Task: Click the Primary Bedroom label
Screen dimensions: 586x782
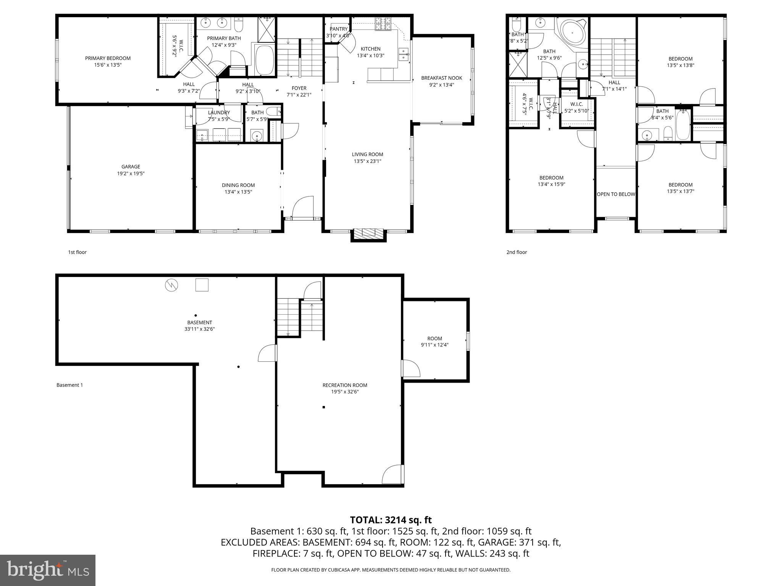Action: point(108,58)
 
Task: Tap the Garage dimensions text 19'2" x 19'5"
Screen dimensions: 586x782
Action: point(131,174)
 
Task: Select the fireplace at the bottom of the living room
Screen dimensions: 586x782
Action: point(368,233)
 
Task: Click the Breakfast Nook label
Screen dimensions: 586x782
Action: point(441,78)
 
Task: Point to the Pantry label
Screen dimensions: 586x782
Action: point(339,29)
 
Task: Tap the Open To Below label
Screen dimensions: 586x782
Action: point(616,194)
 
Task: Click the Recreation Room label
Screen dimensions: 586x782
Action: point(344,385)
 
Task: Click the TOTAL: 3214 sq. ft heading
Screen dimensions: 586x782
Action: point(391,520)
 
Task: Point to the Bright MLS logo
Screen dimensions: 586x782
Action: point(48,570)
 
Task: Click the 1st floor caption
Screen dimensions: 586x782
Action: point(77,252)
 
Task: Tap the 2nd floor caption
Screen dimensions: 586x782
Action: point(516,252)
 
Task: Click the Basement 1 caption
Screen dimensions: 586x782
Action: point(69,385)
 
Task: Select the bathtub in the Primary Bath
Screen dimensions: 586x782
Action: point(264,60)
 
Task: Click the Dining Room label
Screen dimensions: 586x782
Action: point(238,185)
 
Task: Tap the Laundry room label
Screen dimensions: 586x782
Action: point(219,113)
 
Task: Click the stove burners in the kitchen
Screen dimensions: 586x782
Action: point(383,24)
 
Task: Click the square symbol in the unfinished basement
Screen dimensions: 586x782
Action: point(202,285)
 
